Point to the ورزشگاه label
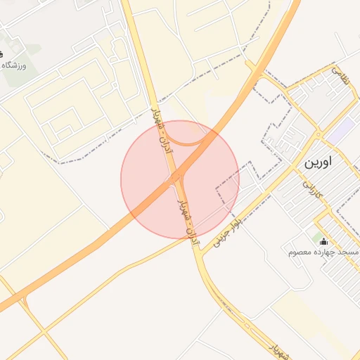click(x=14, y=65)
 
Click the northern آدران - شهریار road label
click(x=161, y=127)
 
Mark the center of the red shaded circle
click(x=180, y=179)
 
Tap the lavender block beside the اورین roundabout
click(x=341, y=130)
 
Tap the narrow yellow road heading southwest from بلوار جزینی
click(x=105, y=281)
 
